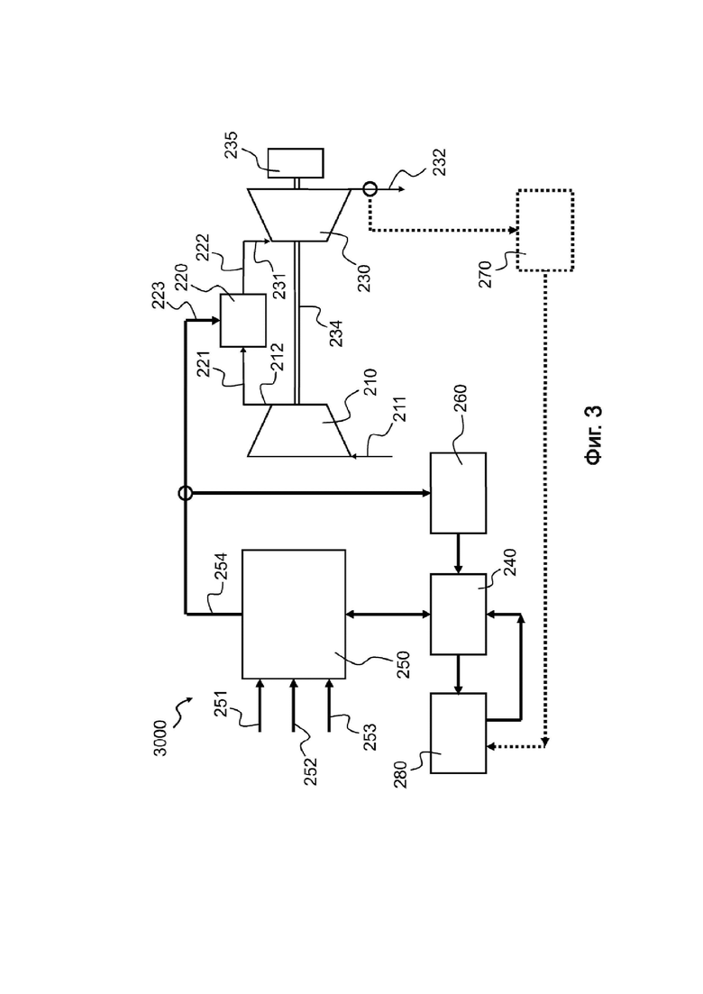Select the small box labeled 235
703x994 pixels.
296,163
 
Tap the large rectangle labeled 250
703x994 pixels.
294,615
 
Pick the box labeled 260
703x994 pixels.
459,493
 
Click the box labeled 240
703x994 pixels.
459,615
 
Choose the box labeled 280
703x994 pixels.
459,733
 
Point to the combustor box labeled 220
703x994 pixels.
242,320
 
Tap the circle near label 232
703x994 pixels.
370,188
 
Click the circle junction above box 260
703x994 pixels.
185,493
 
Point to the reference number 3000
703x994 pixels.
160,738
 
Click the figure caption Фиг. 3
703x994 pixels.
593,436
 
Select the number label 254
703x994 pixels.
220,569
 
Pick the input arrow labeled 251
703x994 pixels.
260,705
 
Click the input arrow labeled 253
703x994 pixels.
329,705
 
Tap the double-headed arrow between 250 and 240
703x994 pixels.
388,615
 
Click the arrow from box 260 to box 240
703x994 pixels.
459,554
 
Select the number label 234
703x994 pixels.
336,333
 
